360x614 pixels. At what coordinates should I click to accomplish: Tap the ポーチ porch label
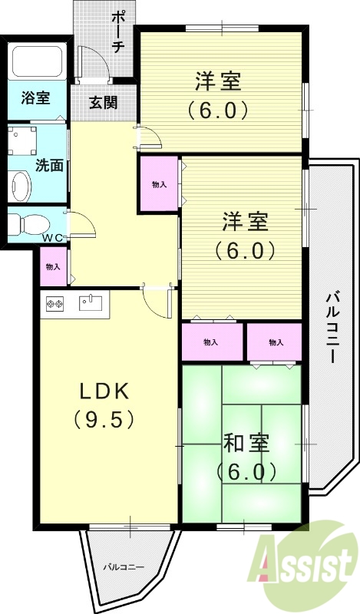coord(118,31)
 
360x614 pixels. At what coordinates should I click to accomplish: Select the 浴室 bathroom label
coord(35,98)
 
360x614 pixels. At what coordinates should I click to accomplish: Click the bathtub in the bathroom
coord(38,61)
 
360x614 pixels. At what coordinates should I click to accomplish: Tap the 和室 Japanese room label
coord(246,444)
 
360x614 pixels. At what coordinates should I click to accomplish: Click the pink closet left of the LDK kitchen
coord(53,267)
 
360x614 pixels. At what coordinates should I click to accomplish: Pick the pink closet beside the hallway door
coord(159,184)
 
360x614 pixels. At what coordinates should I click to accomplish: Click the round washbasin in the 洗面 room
coord(21,185)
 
